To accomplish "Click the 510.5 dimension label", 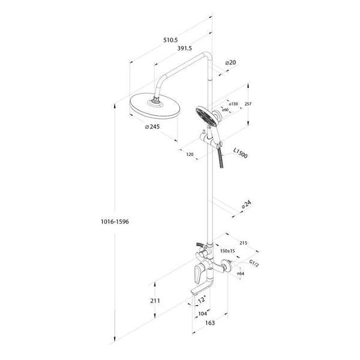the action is click(x=170, y=40).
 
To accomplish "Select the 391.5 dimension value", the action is click(x=185, y=48).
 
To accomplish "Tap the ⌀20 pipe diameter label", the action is click(x=230, y=62).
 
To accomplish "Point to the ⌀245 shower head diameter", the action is click(x=152, y=127).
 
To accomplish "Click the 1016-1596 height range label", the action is click(x=115, y=221).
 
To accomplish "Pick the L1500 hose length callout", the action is click(x=241, y=153).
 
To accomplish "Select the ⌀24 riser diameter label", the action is click(x=247, y=205).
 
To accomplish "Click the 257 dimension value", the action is click(x=248, y=104).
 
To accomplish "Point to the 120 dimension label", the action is click(x=190, y=155).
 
